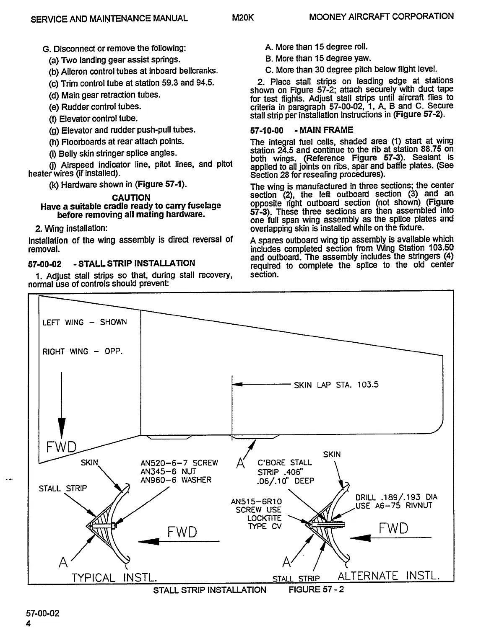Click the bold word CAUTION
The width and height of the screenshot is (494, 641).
pyautogui.click(x=131, y=197)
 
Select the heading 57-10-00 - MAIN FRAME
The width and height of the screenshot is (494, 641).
pyautogui.click(x=302, y=130)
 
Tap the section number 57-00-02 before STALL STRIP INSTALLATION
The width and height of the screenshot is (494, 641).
pyautogui.click(x=44, y=264)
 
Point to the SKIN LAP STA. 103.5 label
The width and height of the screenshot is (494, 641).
pyautogui.click(x=336, y=385)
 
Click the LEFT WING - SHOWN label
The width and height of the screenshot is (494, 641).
pyautogui.click(x=84, y=322)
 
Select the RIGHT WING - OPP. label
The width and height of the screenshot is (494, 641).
pyautogui.click(x=83, y=351)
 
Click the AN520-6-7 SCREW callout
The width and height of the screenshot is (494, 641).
pyautogui.click(x=179, y=463)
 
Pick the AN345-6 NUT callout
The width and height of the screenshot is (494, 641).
pyautogui.click(x=168, y=471)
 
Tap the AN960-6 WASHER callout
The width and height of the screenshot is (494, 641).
pyautogui.click(x=176, y=480)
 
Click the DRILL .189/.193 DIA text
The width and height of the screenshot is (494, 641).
pyautogui.click(x=396, y=497)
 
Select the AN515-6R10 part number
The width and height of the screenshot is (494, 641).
pyautogui.click(x=256, y=501)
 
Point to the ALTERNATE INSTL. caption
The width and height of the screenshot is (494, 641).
pyautogui.click(x=388, y=575)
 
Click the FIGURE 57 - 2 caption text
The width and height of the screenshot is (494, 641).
pyautogui.click(x=316, y=590)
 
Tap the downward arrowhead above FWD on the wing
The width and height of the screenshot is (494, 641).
pyautogui.click(x=62, y=427)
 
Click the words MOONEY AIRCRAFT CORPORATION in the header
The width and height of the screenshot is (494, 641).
pyautogui.click(x=381, y=17)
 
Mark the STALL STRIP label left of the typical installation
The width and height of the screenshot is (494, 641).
pyautogui.click(x=63, y=489)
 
